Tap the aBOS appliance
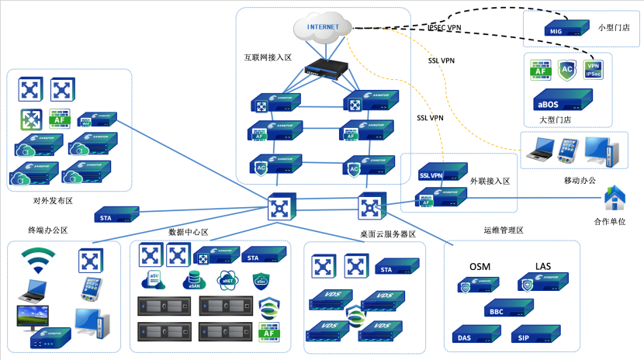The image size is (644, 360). click(559, 101)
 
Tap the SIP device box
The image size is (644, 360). click(534, 335)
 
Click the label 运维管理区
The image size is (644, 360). click(504, 230)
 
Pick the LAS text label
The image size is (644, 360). click(543, 267)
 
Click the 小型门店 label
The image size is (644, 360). click(614, 27)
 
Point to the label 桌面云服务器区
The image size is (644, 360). click(388, 234)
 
